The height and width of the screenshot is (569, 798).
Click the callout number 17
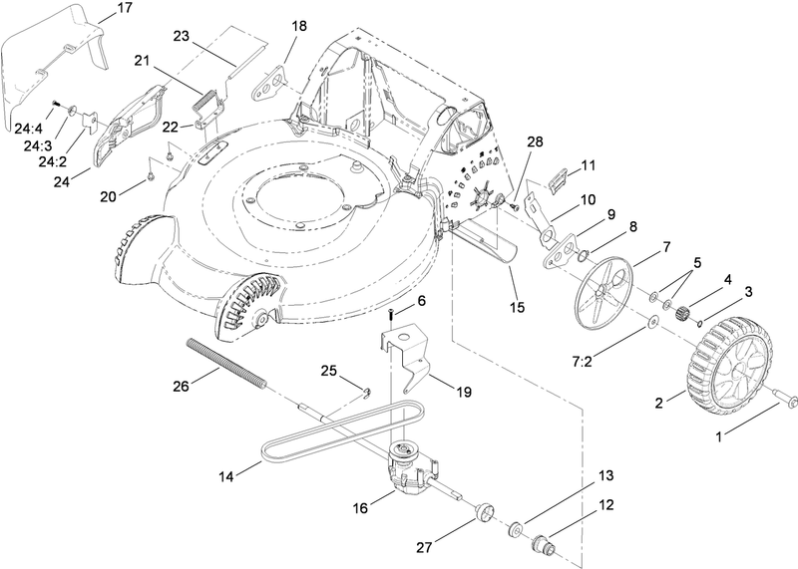tap(124, 8)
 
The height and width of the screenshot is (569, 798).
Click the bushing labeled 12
tap(545, 546)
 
